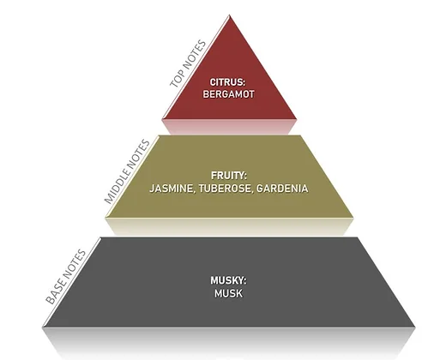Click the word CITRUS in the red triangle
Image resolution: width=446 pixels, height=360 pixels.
pyautogui.click(x=227, y=82)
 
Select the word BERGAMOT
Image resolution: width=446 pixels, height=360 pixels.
pyautogui.click(x=228, y=94)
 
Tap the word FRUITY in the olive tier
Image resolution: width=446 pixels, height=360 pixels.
pyautogui.click(x=228, y=176)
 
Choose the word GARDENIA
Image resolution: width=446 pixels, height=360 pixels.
pyautogui.click(x=282, y=189)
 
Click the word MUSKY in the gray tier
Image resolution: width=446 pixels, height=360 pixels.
pyautogui.click(x=228, y=280)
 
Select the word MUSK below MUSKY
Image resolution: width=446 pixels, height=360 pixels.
pyautogui.click(x=228, y=293)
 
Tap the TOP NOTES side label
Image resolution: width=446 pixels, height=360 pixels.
pyautogui.click(x=188, y=63)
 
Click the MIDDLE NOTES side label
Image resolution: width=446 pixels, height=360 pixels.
pyautogui.click(x=127, y=171)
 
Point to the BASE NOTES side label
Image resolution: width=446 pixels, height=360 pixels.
pyautogui.click(x=65, y=277)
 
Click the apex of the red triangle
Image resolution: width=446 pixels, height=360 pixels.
pyautogui.click(x=230, y=15)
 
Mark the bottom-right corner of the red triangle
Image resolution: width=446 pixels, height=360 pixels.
pyautogui.click(x=297, y=119)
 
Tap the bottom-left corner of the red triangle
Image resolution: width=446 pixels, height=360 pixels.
pyautogui.click(x=163, y=119)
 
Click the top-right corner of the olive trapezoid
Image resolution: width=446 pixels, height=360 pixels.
pyautogui.click(x=300, y=135)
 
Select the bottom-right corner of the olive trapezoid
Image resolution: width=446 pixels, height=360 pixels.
pyautogui.click(x=353, y=218)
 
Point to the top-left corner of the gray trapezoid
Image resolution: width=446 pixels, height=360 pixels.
pyautogui.click(x=101, y=237)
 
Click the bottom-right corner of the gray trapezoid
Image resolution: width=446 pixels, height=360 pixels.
pyautogui.click(x=415, y=327)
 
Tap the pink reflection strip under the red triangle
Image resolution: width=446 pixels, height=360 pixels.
pyautogui.click(x=230, y=127)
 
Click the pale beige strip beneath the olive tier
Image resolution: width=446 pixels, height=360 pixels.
pyautogui.click(x=229, y=226)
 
